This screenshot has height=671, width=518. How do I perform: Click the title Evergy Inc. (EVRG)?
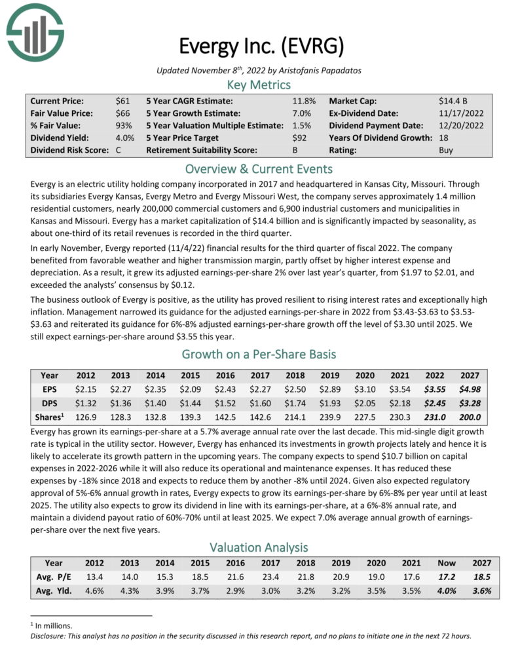(261, 47)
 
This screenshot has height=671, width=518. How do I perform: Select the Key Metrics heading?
(259, 85)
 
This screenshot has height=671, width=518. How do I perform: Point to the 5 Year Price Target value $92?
(299, 138)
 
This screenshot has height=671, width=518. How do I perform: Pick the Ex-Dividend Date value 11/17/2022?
(461, 113)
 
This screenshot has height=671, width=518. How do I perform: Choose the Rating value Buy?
(445, 150)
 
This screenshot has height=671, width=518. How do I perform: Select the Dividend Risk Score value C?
(119, 150)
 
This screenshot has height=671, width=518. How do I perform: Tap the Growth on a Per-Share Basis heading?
(259, 355)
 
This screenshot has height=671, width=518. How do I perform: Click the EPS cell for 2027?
(470, 389)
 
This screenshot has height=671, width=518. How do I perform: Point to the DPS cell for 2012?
(86, 403)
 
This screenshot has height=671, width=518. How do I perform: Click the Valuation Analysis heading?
(259, 546)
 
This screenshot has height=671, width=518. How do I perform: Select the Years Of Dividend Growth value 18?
(443, 138)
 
